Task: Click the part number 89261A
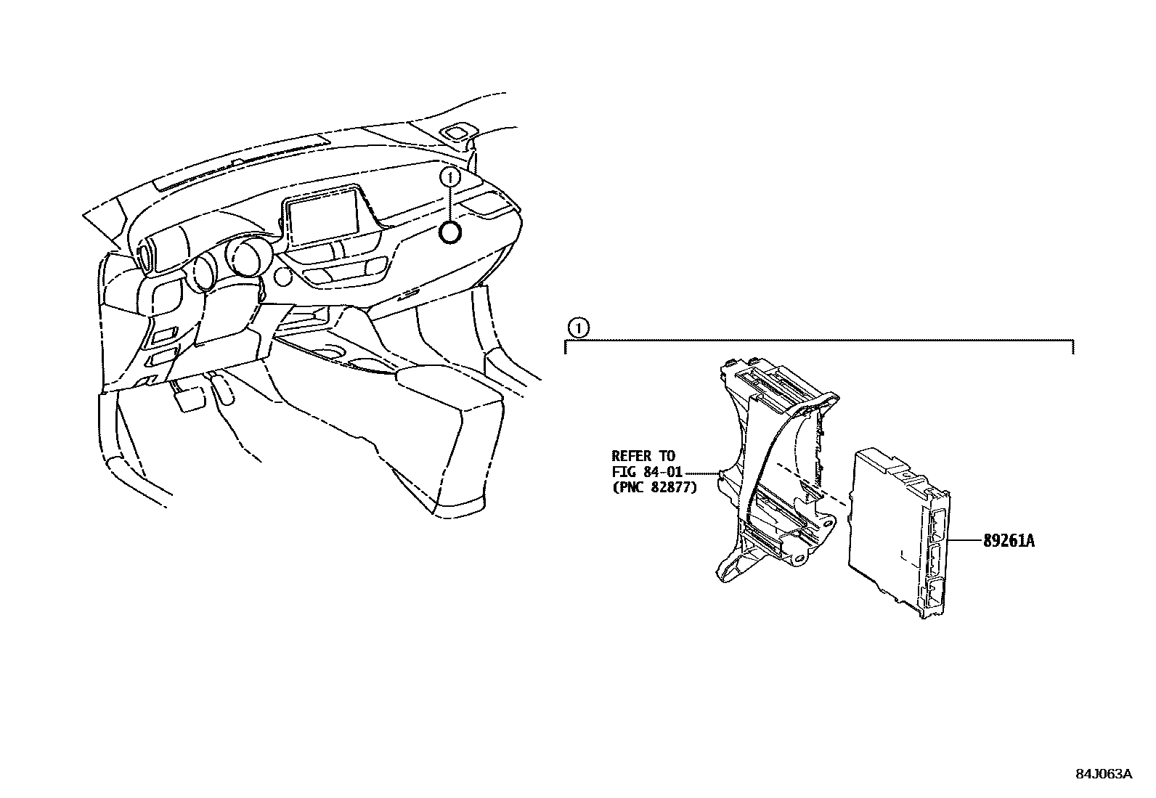pyautogui.click(x=1009, y=541)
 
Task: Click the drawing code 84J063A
pyautogui.click(x=1103, y=774)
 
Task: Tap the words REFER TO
pyautogui.click(x=643, y=457)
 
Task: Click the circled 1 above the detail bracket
pyautogui.click(x=577, y=328)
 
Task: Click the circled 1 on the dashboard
pyautogui.click(x=450, y=176)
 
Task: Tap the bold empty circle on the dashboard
pyautogui.click(x=450, y=232)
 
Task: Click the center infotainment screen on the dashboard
pyautogui.click(x=324, y=213)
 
